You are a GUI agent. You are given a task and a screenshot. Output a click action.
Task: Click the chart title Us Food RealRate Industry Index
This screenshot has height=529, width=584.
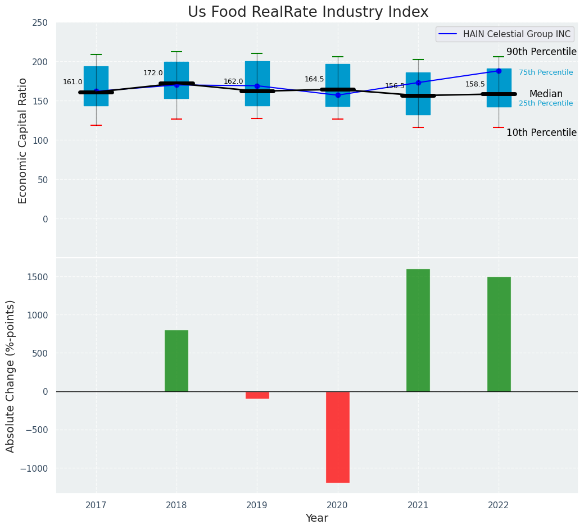click(308, 12)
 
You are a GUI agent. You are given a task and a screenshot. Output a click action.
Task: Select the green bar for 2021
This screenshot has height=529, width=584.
click(418, 330)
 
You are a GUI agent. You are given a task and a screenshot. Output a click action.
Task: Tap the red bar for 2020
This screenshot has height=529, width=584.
click(338, 437)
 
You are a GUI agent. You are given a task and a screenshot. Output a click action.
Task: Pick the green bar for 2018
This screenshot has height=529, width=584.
click(176, 361)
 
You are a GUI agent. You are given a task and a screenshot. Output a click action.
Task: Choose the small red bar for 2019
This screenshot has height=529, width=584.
click(257, 395)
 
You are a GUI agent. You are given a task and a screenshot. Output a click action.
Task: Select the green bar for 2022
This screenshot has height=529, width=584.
click(499, 334)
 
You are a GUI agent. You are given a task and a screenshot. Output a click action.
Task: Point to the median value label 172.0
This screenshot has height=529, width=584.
click(153, 73)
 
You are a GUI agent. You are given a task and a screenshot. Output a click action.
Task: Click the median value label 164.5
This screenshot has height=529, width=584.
click(314, 79)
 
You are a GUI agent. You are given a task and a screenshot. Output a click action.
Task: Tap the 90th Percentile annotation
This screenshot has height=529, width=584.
click(541, 52)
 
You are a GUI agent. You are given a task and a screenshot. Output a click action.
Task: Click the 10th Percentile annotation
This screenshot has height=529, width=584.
click(541, 133)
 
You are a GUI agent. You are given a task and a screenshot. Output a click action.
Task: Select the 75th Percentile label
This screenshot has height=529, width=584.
click(546, 72)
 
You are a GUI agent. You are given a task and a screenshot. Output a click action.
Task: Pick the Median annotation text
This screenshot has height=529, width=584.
click(546, 94)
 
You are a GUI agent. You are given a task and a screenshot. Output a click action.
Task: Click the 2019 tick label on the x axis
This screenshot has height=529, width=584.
click(257, 505)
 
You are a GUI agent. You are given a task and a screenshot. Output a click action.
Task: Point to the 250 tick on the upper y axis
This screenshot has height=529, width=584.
click(40, 22)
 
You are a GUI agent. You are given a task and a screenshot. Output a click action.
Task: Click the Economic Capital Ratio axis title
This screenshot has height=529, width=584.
click(23, 140)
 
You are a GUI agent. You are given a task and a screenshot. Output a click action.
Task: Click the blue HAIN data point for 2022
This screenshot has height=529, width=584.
click(499, 71)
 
